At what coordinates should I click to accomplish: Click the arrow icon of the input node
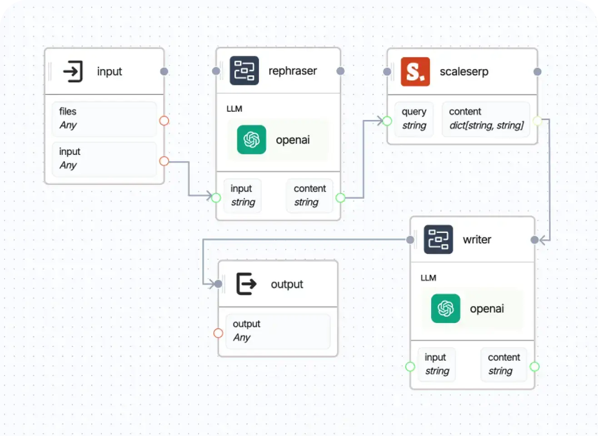pos(73,71)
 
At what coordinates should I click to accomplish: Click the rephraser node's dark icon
pos(244,71)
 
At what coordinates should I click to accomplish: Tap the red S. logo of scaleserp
pos(415,72)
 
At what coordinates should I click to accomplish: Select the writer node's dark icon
pos(438,239)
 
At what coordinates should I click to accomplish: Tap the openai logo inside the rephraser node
pos(251,139)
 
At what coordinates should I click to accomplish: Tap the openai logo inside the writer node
pos(445,308)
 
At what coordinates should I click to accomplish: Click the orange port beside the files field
pos(164,121)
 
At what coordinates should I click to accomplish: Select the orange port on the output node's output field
pos(218,333)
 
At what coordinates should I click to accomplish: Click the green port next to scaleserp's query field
pos(387,121)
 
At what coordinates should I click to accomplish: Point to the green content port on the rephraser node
pos(340,198)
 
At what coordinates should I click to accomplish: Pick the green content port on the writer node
pos(534,367)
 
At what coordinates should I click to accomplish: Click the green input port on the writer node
pos(410,367)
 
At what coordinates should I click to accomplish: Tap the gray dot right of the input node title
pos(164,71)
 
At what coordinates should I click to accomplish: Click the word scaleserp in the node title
pos(464,72)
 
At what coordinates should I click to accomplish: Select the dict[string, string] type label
pos(486,126)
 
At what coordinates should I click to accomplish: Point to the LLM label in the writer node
pos(428,278)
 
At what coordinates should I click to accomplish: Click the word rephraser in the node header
pos(293,71)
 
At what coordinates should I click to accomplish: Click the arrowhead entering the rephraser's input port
pos(209,196)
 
